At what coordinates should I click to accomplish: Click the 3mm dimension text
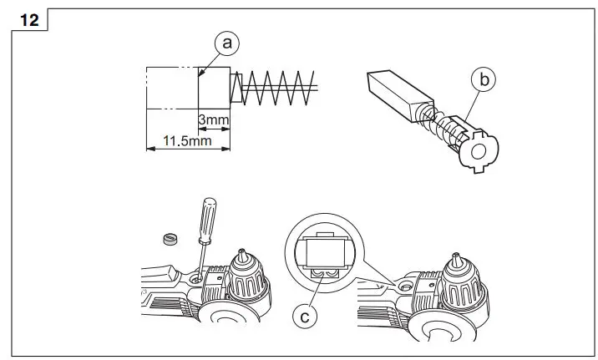point(214,120)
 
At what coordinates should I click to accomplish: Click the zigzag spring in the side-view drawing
point(275,87)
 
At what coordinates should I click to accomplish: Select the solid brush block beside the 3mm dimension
point(214,87)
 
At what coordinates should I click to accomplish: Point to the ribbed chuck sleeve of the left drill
point(249,284)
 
